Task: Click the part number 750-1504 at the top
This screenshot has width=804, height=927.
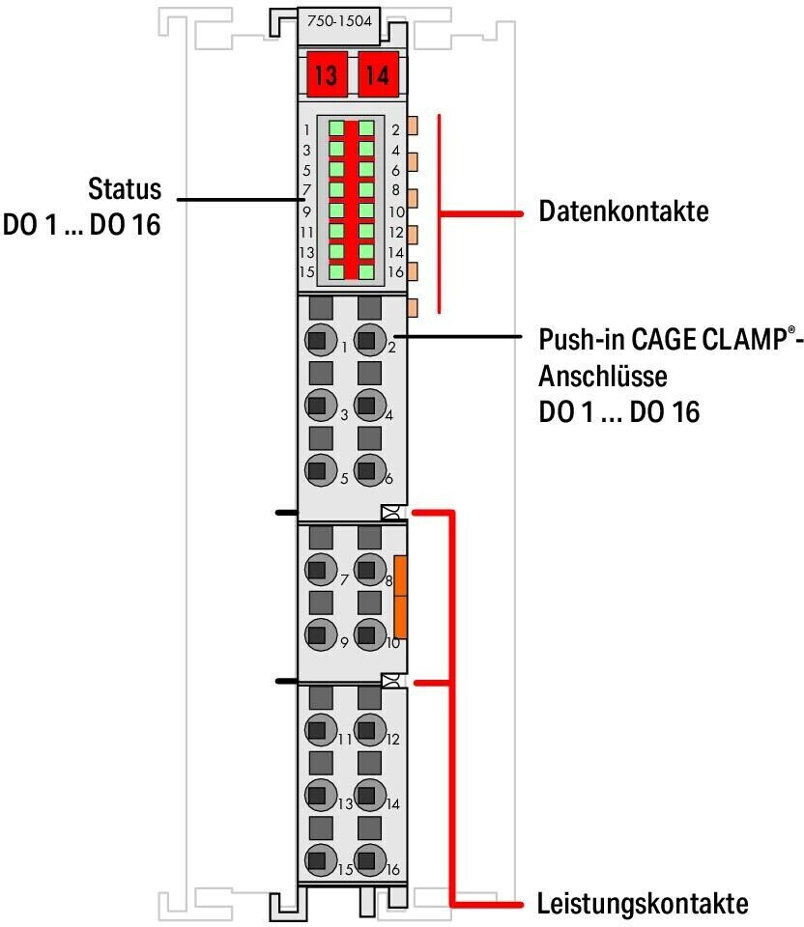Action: (339, 21)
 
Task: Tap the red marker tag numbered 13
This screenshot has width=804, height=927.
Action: (326, 75)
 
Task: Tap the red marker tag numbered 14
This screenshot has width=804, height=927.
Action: (378, 75)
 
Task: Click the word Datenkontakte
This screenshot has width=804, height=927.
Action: (623, 211)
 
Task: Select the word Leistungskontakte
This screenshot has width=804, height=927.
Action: (643, 904)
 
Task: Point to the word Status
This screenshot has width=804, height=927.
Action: (125, 188)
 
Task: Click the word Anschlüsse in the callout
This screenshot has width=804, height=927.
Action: (603, 376)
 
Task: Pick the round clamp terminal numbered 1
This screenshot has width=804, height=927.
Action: (321, 340)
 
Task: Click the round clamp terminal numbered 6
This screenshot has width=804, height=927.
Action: (370, 470)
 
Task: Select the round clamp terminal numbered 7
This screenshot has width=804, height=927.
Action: (321, 570)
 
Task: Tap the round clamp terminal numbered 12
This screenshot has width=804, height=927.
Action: (370, 730)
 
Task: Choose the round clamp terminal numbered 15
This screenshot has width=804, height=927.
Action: (321, 860)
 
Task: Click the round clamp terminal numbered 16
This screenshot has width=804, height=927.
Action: (370, 860)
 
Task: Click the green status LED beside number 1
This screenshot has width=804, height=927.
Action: (336, 128)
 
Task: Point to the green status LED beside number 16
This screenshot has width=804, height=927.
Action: (366, 272)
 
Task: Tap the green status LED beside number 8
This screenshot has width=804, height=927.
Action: (366, 190)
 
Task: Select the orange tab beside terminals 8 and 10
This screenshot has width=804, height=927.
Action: (400, 597)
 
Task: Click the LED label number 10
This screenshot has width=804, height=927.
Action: (396, 211)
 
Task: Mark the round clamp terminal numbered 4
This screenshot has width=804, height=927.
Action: (370, 405)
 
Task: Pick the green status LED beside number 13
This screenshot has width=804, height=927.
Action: (336, 251)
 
